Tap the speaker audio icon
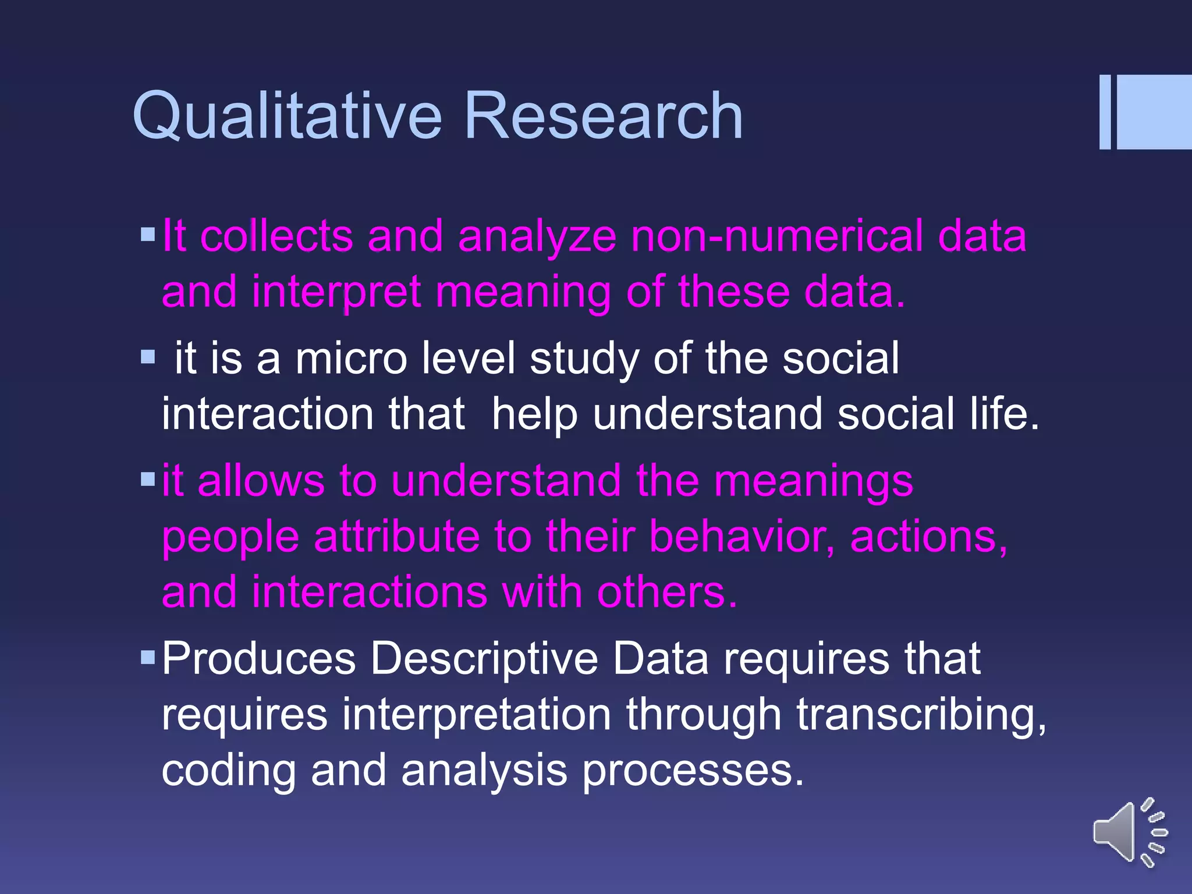click(x=1129, y=832)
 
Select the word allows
click(x=261, y=481)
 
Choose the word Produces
click(x=258, y=659)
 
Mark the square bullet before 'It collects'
click(x=148, y=235)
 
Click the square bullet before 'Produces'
click(x=148, y=658)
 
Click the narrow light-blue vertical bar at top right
click(x=1105, y=112)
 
